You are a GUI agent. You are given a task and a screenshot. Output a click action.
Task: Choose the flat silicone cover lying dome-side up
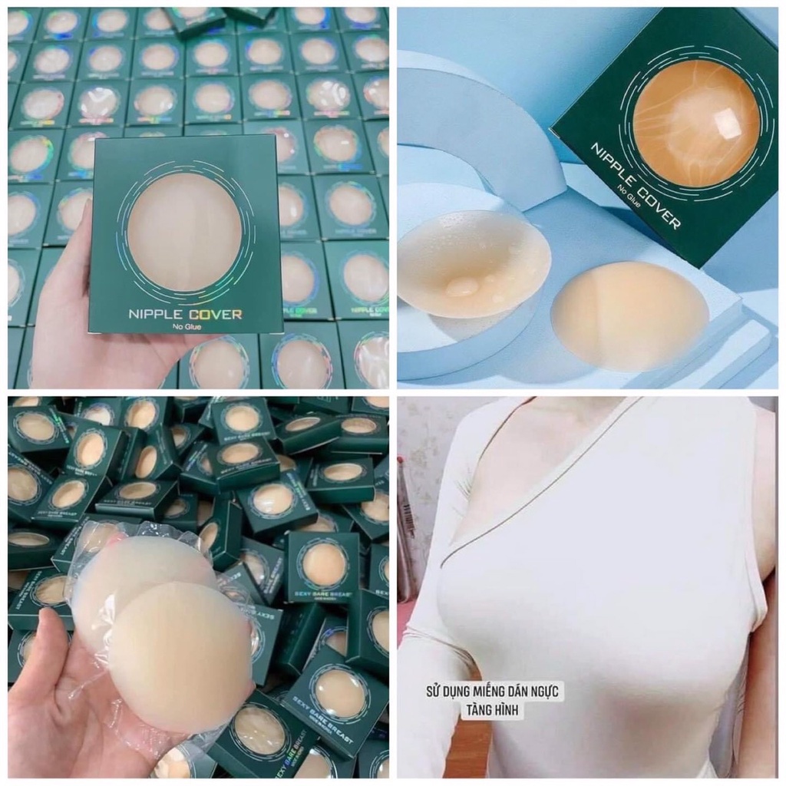pyautogui.click(x=629, y=315)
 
